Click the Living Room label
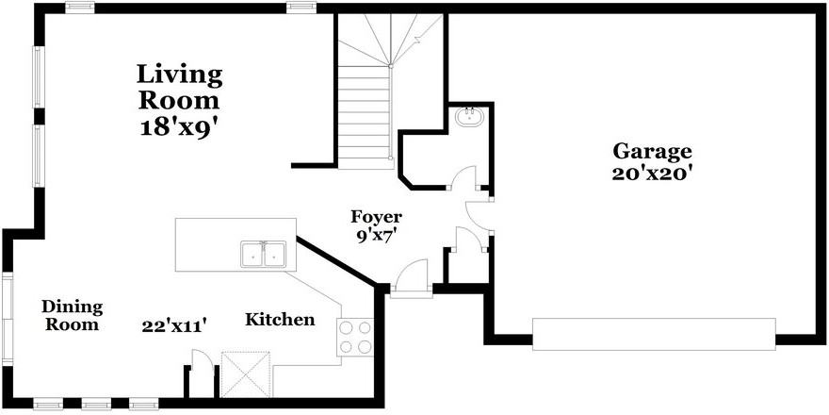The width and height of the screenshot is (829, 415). click(179, 86)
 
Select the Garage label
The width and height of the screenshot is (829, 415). click(652, 150)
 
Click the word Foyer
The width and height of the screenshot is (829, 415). click(376, 217)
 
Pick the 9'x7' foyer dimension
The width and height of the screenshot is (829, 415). click(376, 236)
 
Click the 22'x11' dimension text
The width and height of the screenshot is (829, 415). click(174, 325)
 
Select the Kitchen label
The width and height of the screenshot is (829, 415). click(280, 320)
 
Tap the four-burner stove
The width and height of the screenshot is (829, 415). click(355, 337)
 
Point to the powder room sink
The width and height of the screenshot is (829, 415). click(468, 118)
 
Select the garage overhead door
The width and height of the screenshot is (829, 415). click(654, 334)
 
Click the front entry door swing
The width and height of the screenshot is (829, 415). click(410, 278)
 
